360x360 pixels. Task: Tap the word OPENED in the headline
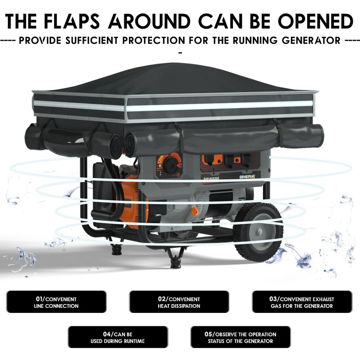point(316,21)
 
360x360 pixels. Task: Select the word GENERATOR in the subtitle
point(311,40)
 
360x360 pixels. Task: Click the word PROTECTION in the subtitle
point(154,40)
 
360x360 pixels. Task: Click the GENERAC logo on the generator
point(247,177)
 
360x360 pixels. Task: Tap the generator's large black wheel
point(258,232)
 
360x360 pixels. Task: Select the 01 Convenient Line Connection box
point(57,302)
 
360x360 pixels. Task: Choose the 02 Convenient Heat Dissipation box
point(179,302)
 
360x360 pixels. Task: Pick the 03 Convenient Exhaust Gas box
point(302,302)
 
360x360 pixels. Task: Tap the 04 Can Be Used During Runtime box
point(118,337)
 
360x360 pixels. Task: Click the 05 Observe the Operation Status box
point(240,337)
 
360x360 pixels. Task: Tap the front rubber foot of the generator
point(175,262)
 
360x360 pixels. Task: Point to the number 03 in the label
point(273,299)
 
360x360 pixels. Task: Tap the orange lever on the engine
point(195,211)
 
